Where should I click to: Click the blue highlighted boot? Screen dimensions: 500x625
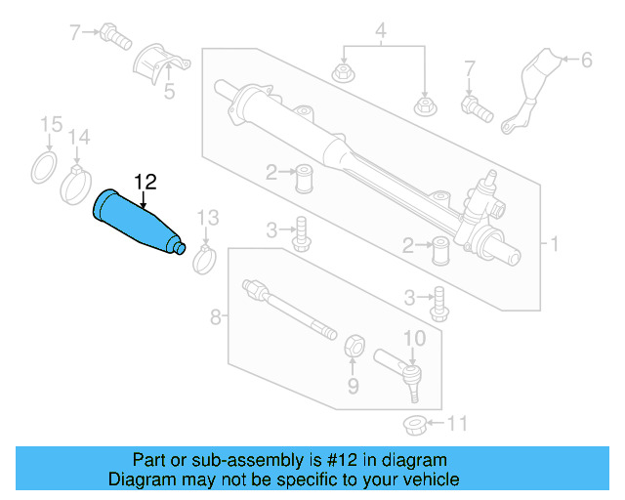tap(137, 224)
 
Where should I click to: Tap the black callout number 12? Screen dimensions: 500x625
tap(145, 182)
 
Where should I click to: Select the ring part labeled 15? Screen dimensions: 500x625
tap(45, 167)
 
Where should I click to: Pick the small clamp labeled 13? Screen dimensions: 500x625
tap(204, 259)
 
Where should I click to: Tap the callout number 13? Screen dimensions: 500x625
tap(208, 217)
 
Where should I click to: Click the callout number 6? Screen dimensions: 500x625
tap(587, 61)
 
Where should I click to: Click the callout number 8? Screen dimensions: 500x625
tap(216, 316)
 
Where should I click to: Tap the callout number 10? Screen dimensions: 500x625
tap(415, 338)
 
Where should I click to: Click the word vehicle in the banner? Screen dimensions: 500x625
tap(424, 479)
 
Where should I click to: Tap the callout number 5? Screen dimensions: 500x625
tap(169, 93)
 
